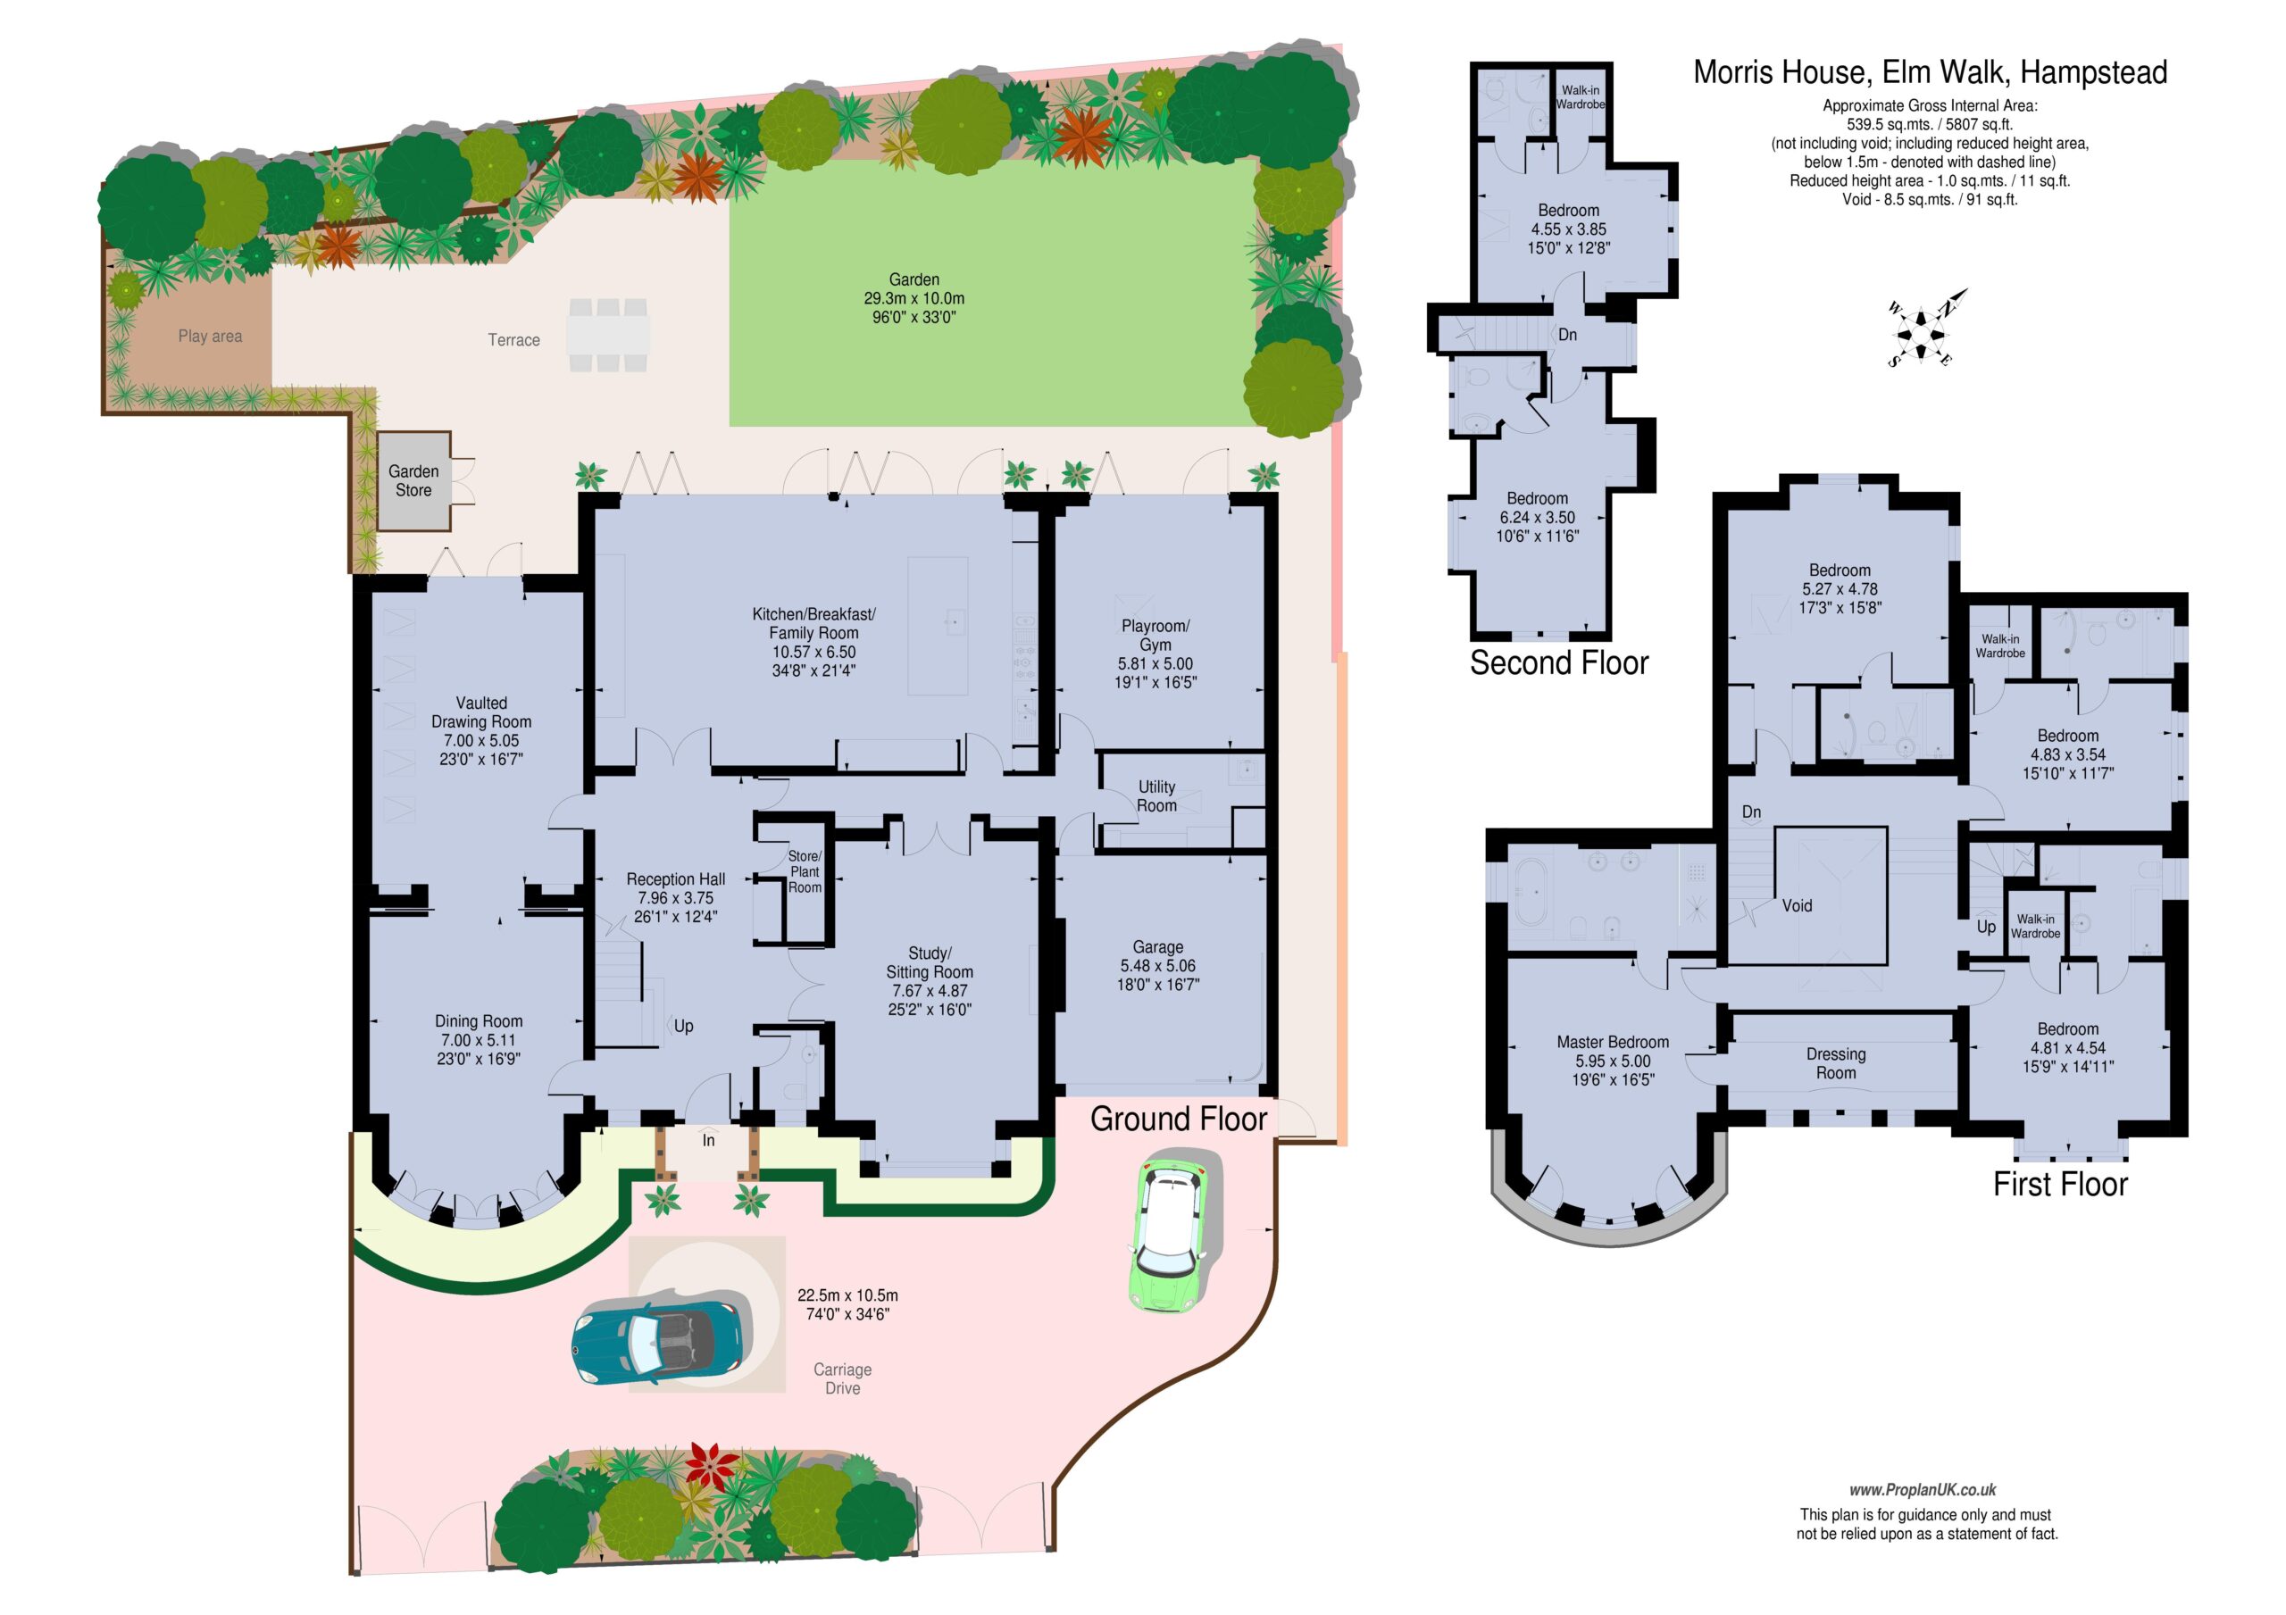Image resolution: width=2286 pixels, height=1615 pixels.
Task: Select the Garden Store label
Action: click(413, 481)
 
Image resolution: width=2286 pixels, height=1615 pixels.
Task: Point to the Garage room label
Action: click(1157, 947)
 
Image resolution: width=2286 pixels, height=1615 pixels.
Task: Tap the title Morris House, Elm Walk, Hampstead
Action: click(1930, 72)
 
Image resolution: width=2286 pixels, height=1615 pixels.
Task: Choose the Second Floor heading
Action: click(1558, 663)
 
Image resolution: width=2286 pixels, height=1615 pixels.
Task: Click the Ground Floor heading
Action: click(1178, 1120)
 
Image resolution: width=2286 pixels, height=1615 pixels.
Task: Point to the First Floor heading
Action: click(2059, 1184)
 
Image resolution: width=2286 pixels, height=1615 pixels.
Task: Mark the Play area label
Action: click(210, 337)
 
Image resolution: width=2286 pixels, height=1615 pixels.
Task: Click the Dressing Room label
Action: click(1835, 1063)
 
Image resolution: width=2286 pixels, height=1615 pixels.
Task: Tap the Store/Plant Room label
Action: click(805, 871)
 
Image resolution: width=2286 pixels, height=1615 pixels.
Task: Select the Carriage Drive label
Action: click(842, 1379)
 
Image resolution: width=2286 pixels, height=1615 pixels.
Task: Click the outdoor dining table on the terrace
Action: click(607, 335)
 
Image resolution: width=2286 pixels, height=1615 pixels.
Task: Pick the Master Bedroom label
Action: click(1612, 1043)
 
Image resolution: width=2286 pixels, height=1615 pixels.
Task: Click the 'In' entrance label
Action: click(709, 1140)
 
